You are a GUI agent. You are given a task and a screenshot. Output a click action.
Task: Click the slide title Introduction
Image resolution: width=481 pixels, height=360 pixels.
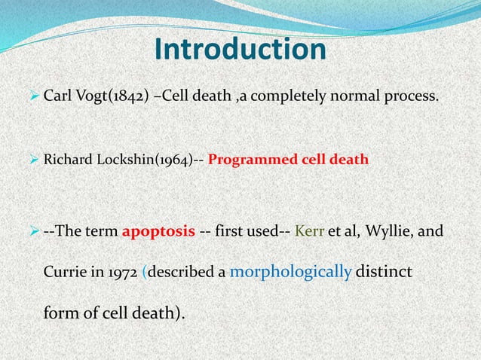click(240, 50)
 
